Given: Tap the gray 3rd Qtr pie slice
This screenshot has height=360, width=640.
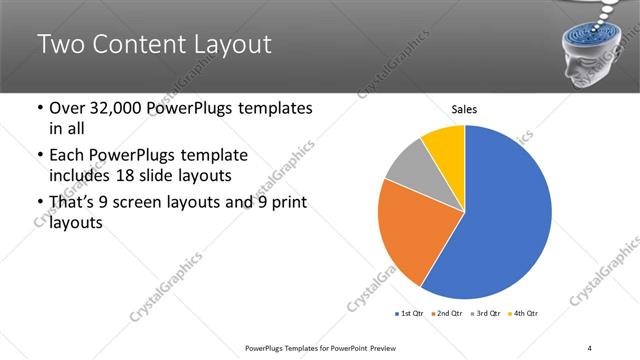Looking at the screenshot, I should click(x=407, y=164).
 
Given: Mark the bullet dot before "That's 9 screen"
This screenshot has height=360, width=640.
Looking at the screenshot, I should click(x=38, y=204).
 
